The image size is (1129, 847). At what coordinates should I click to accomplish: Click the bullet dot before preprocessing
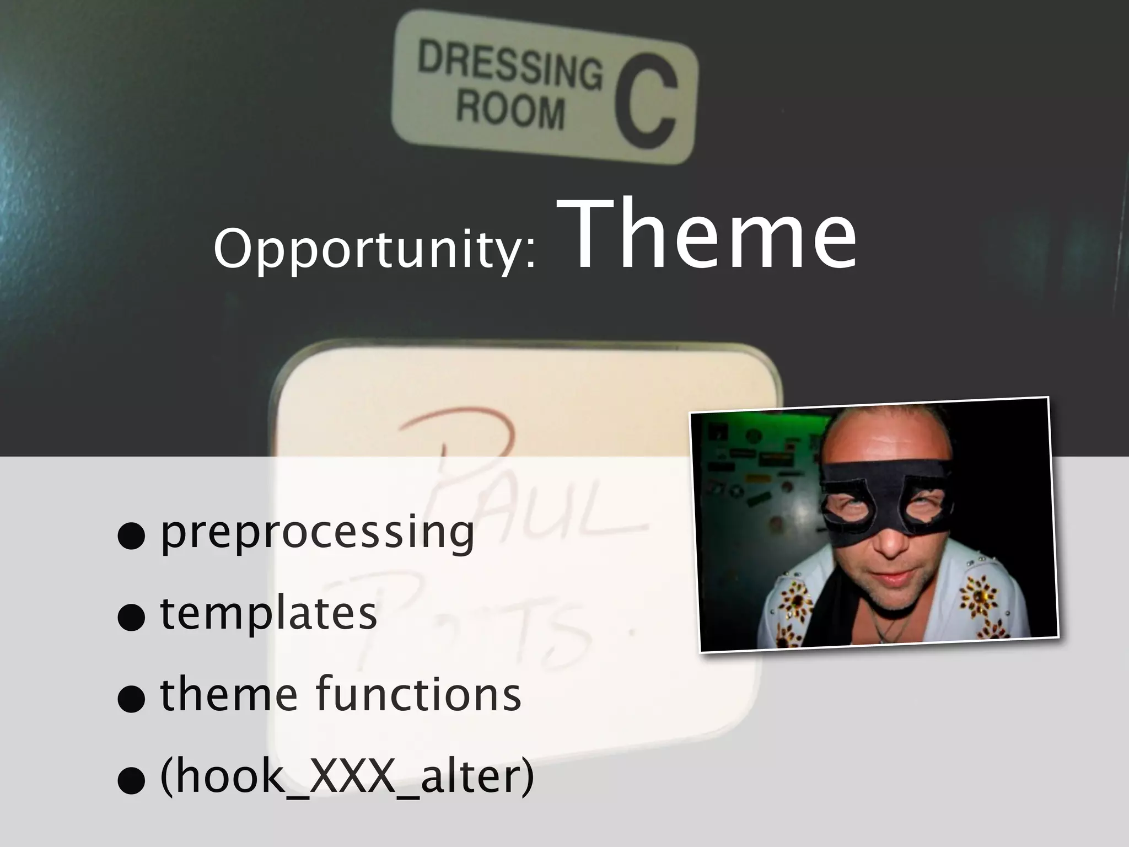click(131, 536)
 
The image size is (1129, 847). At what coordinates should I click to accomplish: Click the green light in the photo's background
click(783, 427)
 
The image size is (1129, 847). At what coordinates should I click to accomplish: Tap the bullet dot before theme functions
click(131, 699)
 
